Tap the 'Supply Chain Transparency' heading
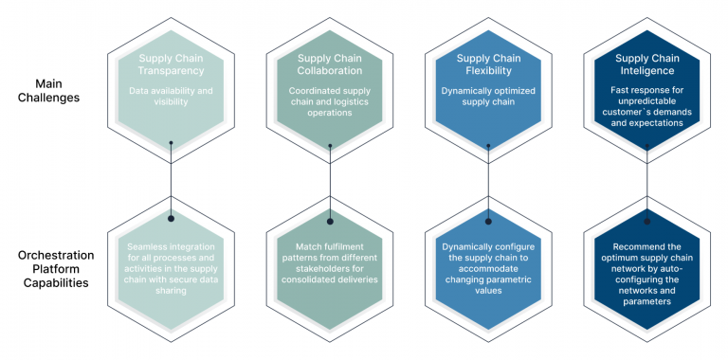[170, 65]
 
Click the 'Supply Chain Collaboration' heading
[329, 65]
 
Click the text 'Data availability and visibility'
[170, 97]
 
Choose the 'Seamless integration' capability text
[170, 268]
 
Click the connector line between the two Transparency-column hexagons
[171, 180]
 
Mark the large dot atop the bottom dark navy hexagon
[646, 221]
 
